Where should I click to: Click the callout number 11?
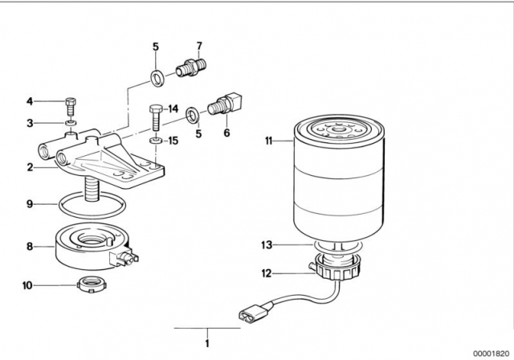coord(269,141)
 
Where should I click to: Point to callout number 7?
coord(199,45)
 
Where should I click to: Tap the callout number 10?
coord(29,284)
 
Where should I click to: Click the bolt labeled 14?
coord(153,120)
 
